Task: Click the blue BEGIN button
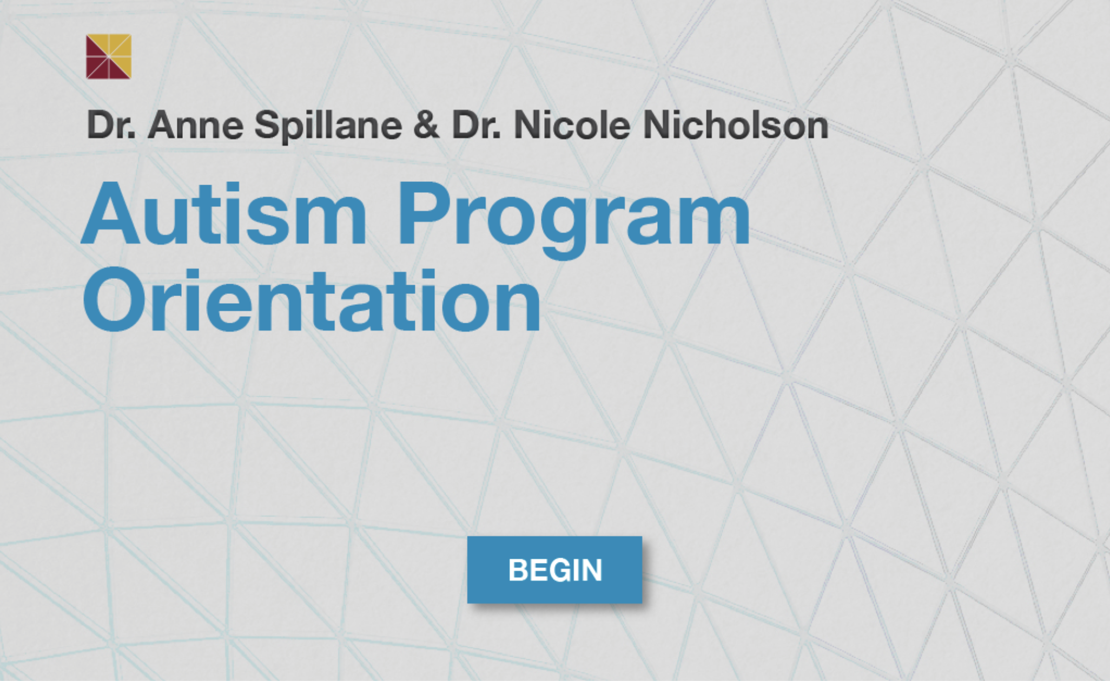pyautogui.click(x=554, y=569)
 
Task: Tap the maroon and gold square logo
pyautogui.click(x=109, y=57)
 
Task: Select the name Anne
pyautogui.click(x=195, y=126)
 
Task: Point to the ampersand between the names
pyautogui.click(x=426, y=125)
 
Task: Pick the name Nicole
pyautogui.click(x=572, y=125)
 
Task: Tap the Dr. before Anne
pyautogui.click(x=111, y=125)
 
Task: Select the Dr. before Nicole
pyautogui.click(x=477, y=125)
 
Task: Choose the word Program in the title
pyautogui.click(x=574, y=219)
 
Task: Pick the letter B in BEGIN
pyautogui.click(x=520, y=570)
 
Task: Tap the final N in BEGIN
pyautogui.click(x=591, y=570)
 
